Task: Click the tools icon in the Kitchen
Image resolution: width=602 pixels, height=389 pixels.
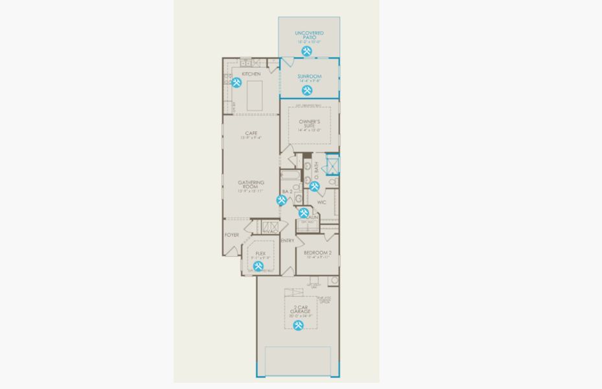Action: tap(236, 82)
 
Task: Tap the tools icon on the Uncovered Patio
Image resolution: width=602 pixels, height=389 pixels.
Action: tap(305, 51)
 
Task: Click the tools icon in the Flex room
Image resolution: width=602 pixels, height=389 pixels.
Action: tap(258, 265)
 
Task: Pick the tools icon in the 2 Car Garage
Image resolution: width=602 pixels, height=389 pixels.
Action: tap(299, 325)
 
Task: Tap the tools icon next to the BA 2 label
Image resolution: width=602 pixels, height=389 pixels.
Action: tap(282, 200)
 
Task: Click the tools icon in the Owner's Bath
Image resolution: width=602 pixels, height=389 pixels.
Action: tap(314, 187)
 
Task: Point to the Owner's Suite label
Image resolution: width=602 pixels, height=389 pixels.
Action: tap(309, 123)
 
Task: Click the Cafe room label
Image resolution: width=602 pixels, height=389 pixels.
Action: tap(251, 134)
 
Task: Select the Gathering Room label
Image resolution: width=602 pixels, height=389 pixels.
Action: tap(251, 185)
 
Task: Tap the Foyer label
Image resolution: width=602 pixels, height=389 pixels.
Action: tap(232, 235)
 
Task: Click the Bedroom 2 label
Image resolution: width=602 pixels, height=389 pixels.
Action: tap(317, 253)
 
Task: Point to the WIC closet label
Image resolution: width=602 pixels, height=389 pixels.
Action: tap(321, 202)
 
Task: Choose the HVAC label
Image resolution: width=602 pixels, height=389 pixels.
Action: tap(270, 231)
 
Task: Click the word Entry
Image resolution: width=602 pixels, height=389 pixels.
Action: tap(287, 241)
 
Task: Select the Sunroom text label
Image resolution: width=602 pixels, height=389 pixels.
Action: tap(309, 77)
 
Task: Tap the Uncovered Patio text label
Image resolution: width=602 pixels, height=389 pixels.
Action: tap(308, 34)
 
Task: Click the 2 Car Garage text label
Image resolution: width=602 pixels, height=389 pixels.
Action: tap(300, 309)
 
